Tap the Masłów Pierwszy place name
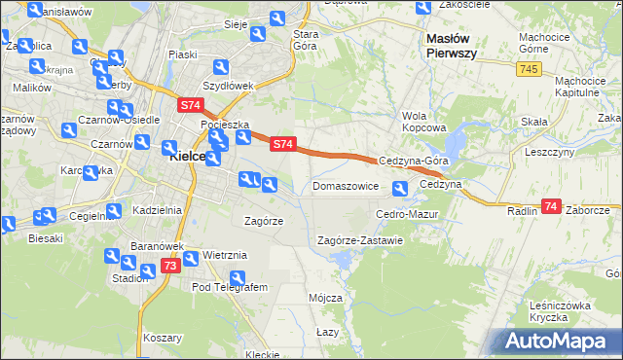[451, 45]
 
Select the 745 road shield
[529, 69]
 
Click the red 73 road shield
[169, 266]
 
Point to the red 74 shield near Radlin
[552, 206]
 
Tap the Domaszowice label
[345, 185]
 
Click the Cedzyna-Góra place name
[413, 162]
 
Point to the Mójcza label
[325, 298]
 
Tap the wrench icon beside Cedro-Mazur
[399, 189]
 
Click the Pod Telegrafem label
[230, 288]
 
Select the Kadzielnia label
[156, 210]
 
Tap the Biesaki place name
[46, 237]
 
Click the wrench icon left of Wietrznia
[190, 258]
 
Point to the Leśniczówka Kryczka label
[562, 311]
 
